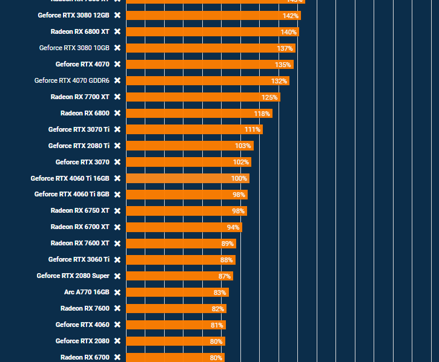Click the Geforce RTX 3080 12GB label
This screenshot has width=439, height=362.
73,15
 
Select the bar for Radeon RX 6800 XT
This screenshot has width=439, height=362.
212,31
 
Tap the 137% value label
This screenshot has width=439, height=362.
285,48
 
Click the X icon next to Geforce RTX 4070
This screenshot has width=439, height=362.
117,64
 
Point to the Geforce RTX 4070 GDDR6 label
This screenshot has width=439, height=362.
71,80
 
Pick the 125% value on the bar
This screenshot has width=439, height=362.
269,97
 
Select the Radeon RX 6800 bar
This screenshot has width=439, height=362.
199,113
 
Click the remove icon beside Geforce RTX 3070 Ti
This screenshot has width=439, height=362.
117,129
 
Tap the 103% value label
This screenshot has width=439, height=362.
243,146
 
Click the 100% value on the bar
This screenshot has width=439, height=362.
239,179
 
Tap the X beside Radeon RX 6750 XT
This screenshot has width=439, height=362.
117,211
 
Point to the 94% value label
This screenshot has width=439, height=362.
233,228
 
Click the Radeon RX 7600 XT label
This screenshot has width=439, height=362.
80,244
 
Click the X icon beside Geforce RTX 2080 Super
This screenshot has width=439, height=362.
117,276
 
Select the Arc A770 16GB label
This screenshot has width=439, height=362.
87,292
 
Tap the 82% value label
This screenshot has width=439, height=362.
218,309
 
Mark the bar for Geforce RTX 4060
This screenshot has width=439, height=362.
176,325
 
